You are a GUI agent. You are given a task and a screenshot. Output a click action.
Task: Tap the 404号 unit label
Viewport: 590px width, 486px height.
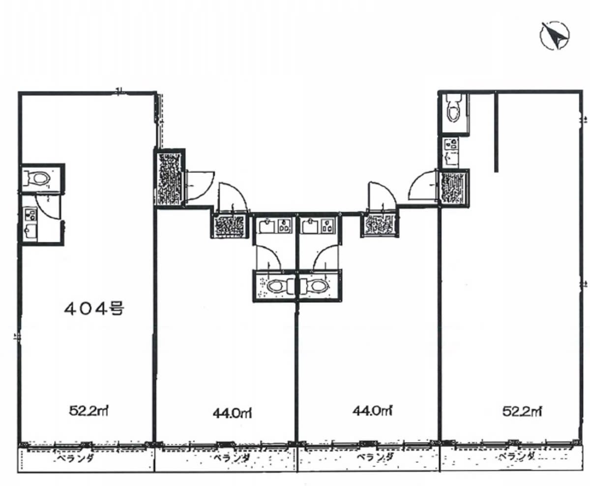click(x=94, y=308)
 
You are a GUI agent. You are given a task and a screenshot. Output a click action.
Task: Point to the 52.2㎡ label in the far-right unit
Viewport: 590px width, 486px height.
click(x=522, y=411)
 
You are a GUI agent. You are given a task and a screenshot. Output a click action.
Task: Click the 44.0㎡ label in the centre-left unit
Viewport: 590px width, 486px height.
click(x=232, y=413)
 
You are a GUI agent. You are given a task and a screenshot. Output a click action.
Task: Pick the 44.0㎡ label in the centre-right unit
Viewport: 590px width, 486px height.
click(x=373, y=410)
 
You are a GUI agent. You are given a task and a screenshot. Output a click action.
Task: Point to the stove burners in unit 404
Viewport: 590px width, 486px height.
click(x=30, y=215)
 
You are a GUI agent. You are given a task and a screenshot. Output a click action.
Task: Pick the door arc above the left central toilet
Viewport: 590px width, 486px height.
click(x=272, y=252)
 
